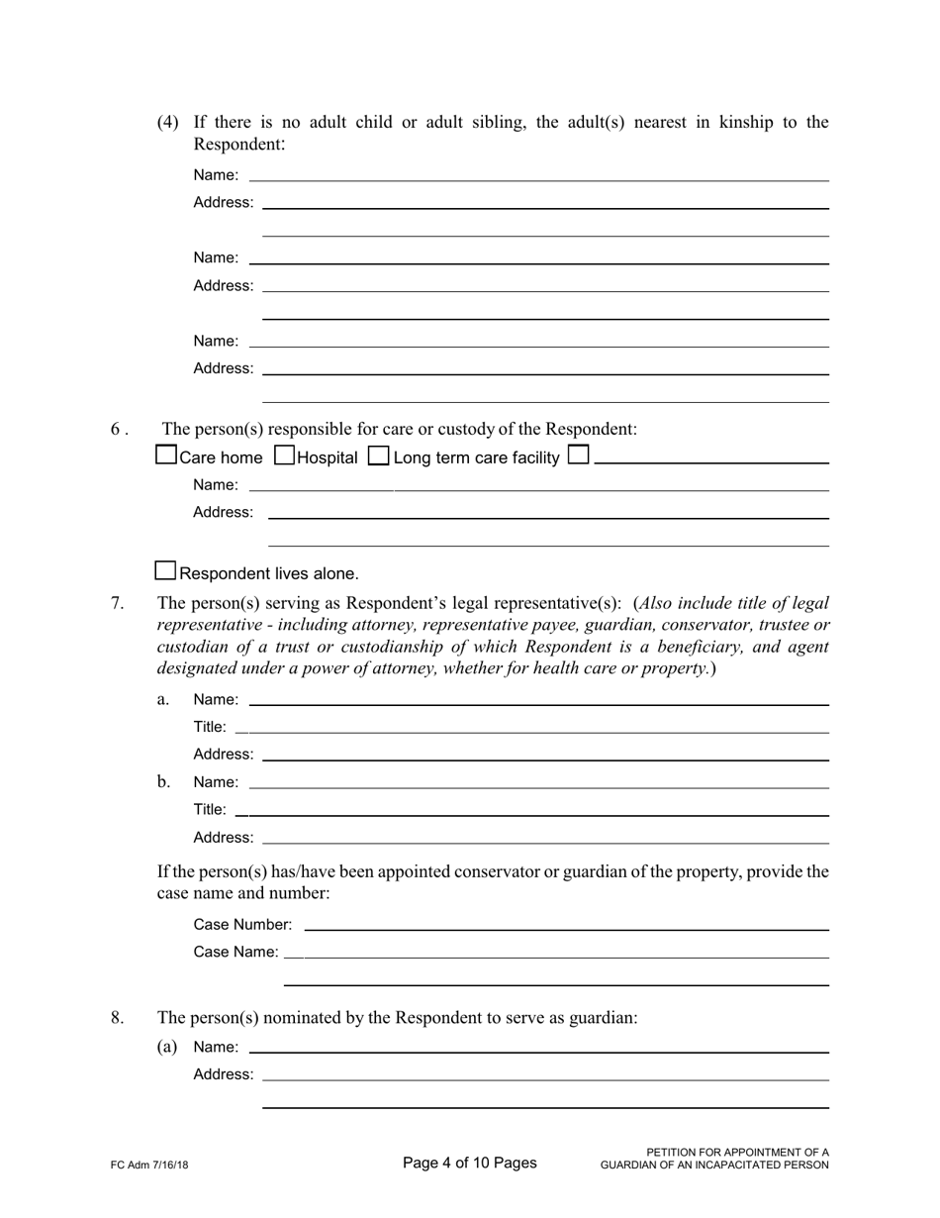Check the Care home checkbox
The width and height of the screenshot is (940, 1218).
tap(167, 456)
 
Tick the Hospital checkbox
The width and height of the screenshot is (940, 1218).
tap(284, 456)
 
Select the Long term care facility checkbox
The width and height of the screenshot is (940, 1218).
tap(378, 456)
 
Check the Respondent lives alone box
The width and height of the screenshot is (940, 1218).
tap(166, 571)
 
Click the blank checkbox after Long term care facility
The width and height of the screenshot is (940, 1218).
tap(580, 456)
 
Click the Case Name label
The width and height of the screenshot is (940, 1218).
tap(235, 952)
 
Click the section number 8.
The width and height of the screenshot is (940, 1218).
tap(117, 1017)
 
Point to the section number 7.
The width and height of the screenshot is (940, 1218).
tap(117, 603)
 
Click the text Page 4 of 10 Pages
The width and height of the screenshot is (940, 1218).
tap(470, 1163)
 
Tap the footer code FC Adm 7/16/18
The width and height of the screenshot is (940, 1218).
tap(149, 1166)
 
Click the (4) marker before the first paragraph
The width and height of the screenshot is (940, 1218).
tap(168, 123)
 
